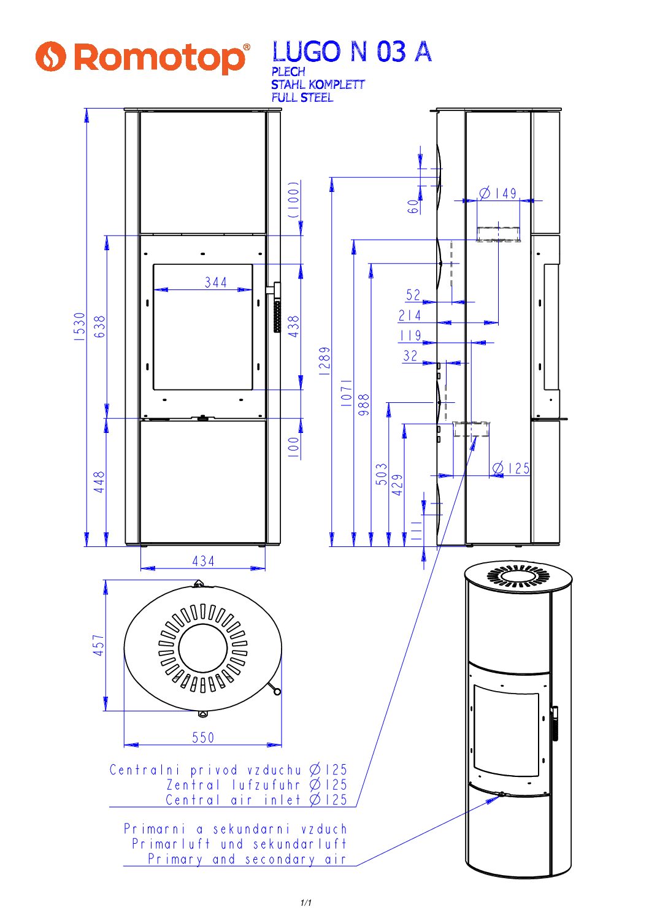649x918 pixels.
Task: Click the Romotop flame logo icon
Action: tap(50, 56)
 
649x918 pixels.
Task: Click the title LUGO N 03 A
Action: tap(351, 52)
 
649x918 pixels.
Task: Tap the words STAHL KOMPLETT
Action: tap(318, 85)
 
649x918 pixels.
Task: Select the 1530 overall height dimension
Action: tap(80, 326)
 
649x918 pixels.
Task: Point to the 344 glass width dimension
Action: tap(216, 283)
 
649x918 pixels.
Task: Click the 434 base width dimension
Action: tap(203, 561)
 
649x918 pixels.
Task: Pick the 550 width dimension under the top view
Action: tap(203, 738)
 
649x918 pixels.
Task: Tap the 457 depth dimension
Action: tap(99, 645)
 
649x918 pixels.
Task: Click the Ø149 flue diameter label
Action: tap(498, 194)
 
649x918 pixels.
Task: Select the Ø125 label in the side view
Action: tap(511, 469)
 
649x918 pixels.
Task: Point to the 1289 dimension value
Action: tap(324, 361)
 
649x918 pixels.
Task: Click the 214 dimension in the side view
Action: tap(410, 316)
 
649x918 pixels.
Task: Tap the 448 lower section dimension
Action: tap(99, 482)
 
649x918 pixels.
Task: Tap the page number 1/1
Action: tap(306, 903)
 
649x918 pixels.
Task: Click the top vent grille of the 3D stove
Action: tap(518, 576)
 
